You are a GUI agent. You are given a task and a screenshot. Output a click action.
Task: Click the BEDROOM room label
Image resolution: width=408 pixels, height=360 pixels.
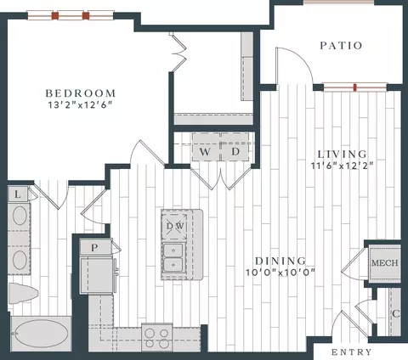pyautogui.click(x=81, y=93)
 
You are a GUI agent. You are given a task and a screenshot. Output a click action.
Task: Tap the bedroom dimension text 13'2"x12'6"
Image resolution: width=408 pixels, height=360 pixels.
pyautogui.click(x=81, y=105)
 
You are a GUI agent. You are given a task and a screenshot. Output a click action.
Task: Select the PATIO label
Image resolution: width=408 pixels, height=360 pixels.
pyautogui.click(x=341, y=46)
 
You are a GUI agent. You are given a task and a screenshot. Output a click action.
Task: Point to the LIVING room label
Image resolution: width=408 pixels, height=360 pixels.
pyautogui.click(x=343, y=155)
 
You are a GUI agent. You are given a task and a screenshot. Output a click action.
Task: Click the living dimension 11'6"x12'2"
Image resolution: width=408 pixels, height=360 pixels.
pyautogui.click(x=342, y=166)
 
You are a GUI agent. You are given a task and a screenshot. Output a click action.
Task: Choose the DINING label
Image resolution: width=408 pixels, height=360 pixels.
pyautogui.click(x=280, y=261)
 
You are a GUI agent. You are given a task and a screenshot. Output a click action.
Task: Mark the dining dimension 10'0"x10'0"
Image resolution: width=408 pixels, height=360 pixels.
pyautogui.click(x=280, y=273)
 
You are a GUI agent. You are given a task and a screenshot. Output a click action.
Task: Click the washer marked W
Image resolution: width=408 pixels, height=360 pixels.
pyautogui.click(x=206, y=147)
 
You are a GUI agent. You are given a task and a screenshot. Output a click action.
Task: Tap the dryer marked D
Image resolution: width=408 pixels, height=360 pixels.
pyautogui.click(x=235, y=147)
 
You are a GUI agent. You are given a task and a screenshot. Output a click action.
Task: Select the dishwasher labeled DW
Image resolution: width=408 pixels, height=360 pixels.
pyautogui.click(x=174, y=226)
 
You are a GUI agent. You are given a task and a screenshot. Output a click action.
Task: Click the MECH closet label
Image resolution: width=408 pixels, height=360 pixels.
pyautogui.click(x=385, y=263)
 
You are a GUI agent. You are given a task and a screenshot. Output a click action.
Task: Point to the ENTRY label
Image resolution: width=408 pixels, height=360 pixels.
pyautogui.click(x=351, y=352)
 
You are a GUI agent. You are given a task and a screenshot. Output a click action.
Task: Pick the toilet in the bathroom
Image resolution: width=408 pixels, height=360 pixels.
pyautogui.click(x=22, y=293)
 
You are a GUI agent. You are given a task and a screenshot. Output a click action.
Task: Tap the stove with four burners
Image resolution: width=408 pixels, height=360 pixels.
pyautogui.click(x=156, y=338)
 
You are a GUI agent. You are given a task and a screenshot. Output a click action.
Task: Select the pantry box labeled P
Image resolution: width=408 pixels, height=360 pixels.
pyautogui.click(x=95, y=247)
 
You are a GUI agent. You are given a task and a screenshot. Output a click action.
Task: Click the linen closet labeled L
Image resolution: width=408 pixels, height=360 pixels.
pyautogui.click(x=18, y=194)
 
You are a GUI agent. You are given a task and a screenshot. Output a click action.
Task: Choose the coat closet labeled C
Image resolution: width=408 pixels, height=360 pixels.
pyautogui.click(x=395, y=312)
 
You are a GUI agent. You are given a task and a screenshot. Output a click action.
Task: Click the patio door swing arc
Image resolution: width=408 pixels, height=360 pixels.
pyautogui.click(x=301, y=57)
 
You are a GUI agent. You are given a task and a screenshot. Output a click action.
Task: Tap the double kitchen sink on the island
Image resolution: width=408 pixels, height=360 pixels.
pyautogui.click(x=173, y=257)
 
